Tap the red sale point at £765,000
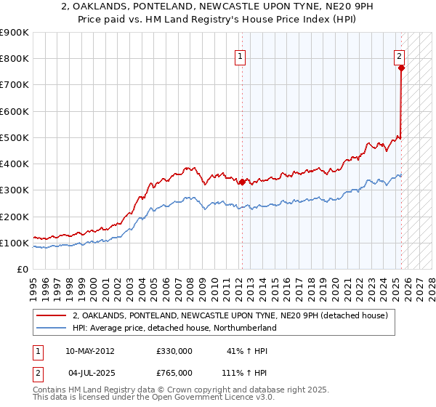click(x=401, y=68)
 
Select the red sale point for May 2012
click(x=242, y=182)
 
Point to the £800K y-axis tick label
click(x=15, y=59)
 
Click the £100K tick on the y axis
click(x=15, y=243)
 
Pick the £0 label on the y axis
click(x=22, y=269)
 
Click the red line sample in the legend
click(x=51, y=315)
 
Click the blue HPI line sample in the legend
click(x=51, y=328)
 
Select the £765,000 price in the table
click(x=174, y=373)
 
